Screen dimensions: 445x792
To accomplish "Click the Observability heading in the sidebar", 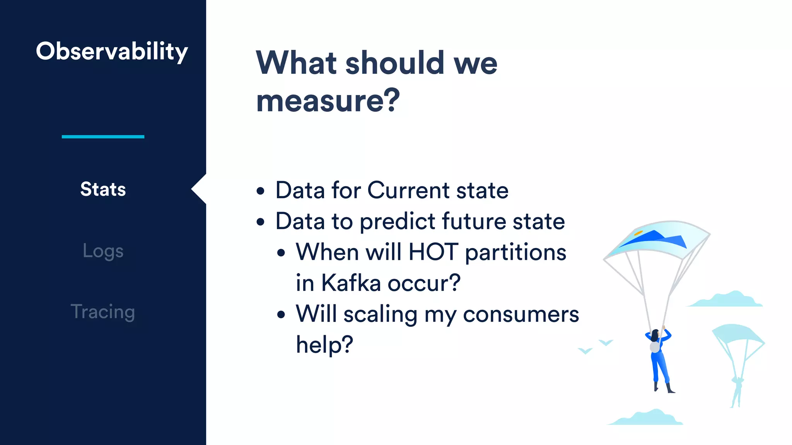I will click(x=112, y=51).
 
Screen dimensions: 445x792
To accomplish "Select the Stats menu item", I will click(x=103, y=189).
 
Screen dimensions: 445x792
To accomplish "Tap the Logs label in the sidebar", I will click(x=103, y=251).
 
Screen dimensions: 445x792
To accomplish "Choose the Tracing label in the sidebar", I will click(x=103, y=312).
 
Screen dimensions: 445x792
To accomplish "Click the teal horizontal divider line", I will click(x=103, y=137).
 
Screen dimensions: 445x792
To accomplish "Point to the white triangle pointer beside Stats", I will click(x=200, y=189).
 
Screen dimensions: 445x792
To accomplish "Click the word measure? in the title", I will click(x=328, y=100).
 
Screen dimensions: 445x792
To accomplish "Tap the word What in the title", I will click(x=297, y=63).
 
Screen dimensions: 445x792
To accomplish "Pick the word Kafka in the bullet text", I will click(x=351, y=283).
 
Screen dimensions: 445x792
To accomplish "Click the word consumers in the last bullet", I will click(x=521, y=314).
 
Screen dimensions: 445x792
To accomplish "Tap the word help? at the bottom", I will click(x=324, y=345).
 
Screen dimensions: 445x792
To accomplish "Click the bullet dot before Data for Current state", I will click(x=261, y=191).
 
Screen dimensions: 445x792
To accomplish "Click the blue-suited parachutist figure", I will click(x=659, y=359).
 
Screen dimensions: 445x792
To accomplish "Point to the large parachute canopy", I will click(x=657, y=239).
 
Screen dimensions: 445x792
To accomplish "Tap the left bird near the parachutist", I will click(x=585, y=351).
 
